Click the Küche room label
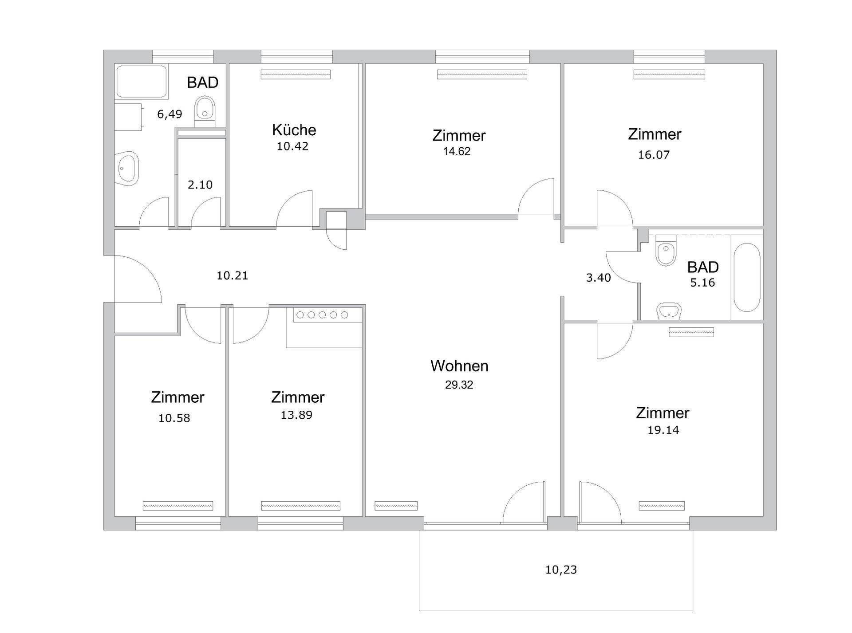point(294,130)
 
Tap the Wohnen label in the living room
point(459,366)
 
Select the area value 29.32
point(459,385)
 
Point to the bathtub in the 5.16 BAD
point(747,277)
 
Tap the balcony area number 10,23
point(561,570)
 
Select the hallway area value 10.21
point(232,275)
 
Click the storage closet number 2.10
point(200,185)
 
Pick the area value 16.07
point(654,155)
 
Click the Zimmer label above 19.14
point(663,413)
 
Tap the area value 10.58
point(174,418)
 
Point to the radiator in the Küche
point(296,75)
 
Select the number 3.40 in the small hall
point(598,278)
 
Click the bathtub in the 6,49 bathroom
point(142,81)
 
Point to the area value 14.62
point(457,151)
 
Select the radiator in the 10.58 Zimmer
point(178,506)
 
